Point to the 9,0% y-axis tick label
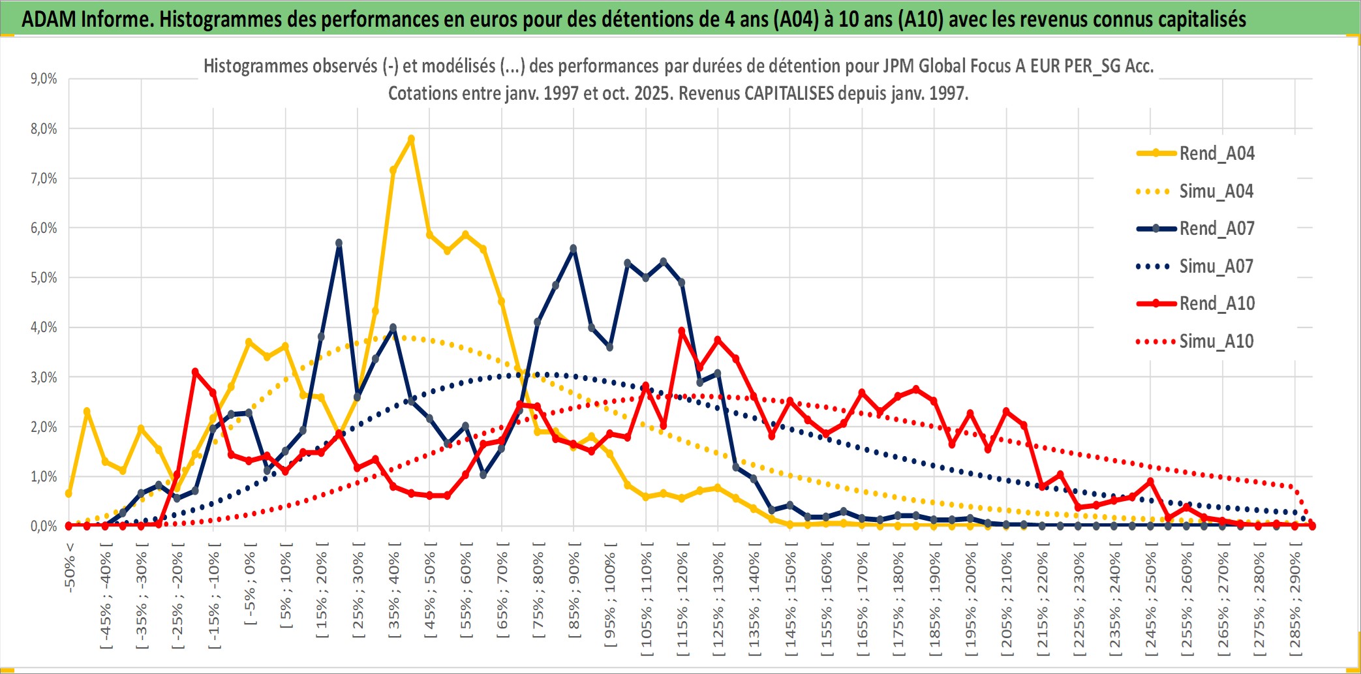tap(44, 79)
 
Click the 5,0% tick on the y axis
tap(44, 278)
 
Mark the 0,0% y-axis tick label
tap(44, 526)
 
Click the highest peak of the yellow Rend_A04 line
tap(411, 139)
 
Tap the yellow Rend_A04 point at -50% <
tap(69, 493)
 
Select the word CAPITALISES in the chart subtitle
tap(789, 93)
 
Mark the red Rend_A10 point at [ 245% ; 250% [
tap(1150, 482)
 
